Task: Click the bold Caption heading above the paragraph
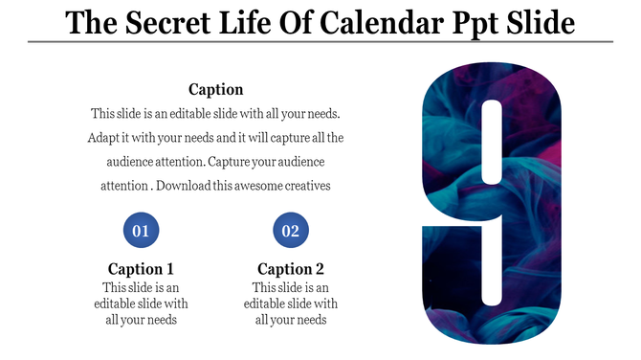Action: tap(215, 89)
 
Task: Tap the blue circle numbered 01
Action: tap(141, 231)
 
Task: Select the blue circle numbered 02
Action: tap(291, 231)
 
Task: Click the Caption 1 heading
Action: tap(141, 269)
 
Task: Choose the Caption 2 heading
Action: tap(291, 269)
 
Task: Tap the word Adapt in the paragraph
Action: tap(105, 138)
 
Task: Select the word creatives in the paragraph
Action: tap(310, 186)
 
